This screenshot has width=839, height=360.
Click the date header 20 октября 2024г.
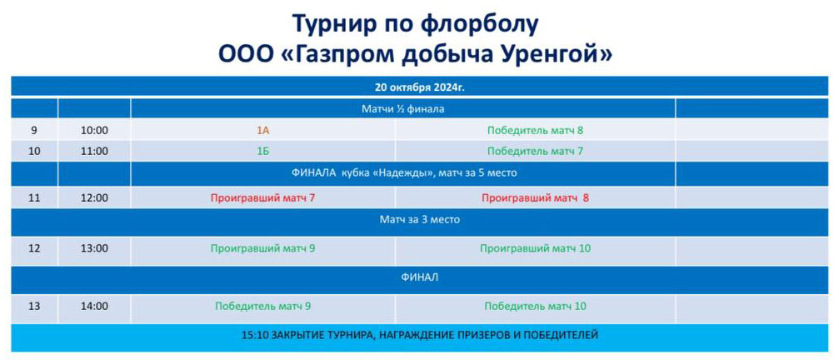click(419, 87)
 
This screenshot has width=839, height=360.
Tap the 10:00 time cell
click(94, 130)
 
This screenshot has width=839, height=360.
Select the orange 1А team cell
click(262, 130)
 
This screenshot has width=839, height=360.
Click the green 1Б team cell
click(262, 152)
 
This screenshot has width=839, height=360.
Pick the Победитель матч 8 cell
click(535, 130)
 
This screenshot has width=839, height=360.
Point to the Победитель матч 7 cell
click(535, 152)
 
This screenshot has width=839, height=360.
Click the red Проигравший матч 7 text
click(262, 198)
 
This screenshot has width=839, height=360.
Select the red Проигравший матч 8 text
click(535, 198)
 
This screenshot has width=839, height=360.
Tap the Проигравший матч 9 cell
click(262, 248)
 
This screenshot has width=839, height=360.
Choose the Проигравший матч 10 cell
click(535, 248)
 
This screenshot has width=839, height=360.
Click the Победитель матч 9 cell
click(262, 307)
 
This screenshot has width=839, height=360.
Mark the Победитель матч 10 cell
click(535, 307)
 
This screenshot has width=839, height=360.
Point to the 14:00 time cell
click(94, 307)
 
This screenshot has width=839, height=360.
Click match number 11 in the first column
click(34, 198)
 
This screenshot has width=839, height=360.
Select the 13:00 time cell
click(94, 248)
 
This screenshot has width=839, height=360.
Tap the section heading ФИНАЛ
click(420, 277)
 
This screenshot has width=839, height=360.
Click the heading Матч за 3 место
click(420, 219)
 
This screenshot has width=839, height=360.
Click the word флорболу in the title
click(476, 24)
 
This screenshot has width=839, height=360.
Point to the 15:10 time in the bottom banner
click(253, 335)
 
